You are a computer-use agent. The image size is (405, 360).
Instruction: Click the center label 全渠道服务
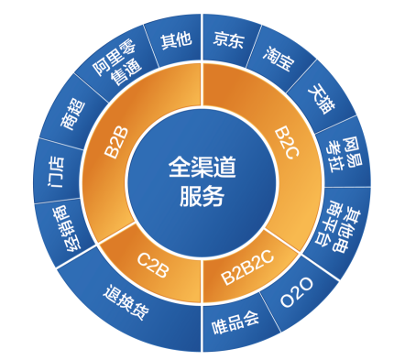coord(202,180)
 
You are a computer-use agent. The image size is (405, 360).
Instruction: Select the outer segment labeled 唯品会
coord(235,322)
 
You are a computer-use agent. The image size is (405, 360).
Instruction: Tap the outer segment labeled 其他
coord(175,41)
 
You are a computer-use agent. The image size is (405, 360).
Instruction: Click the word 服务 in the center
coord(202,195)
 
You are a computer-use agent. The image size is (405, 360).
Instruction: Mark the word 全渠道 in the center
coord(202,166)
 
